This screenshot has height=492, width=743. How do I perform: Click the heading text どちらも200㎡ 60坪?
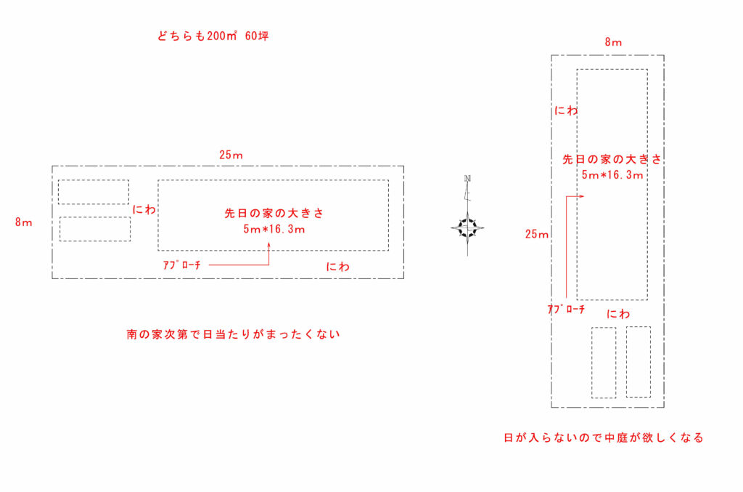[x=213, y=36]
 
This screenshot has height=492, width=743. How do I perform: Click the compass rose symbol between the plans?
[x=467, y=227]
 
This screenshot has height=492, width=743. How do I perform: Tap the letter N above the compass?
[x=468, y=178]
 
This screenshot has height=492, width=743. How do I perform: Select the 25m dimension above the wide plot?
[x=231, y=155]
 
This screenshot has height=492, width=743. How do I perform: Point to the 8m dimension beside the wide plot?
[x=23, y=222]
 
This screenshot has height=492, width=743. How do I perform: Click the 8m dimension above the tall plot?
[x=613, y=42]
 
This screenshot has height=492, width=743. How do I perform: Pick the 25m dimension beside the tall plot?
[x=538, y=234]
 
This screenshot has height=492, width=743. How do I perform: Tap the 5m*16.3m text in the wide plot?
[x=274, y=229]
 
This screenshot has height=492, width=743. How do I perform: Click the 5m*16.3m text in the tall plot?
[x=612, y=174]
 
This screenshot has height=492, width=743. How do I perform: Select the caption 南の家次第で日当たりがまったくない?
[x=233, y=335]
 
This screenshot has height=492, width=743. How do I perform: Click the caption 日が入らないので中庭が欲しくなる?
[x=604, y=437]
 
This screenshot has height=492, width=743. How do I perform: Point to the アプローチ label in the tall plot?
[x=566, y=309]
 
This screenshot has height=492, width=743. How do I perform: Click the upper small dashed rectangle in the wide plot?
[x=94, y=192]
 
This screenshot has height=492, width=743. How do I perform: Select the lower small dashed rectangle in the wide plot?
[x=94, y=229]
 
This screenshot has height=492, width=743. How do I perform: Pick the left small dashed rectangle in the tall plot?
[x=604, y=363]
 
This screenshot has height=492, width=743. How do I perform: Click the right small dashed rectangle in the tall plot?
[x=638, y=361]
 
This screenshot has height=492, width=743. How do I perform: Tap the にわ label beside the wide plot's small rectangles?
[x=144, y=209]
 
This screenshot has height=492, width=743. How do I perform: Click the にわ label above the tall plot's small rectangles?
[x=618, y=314]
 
